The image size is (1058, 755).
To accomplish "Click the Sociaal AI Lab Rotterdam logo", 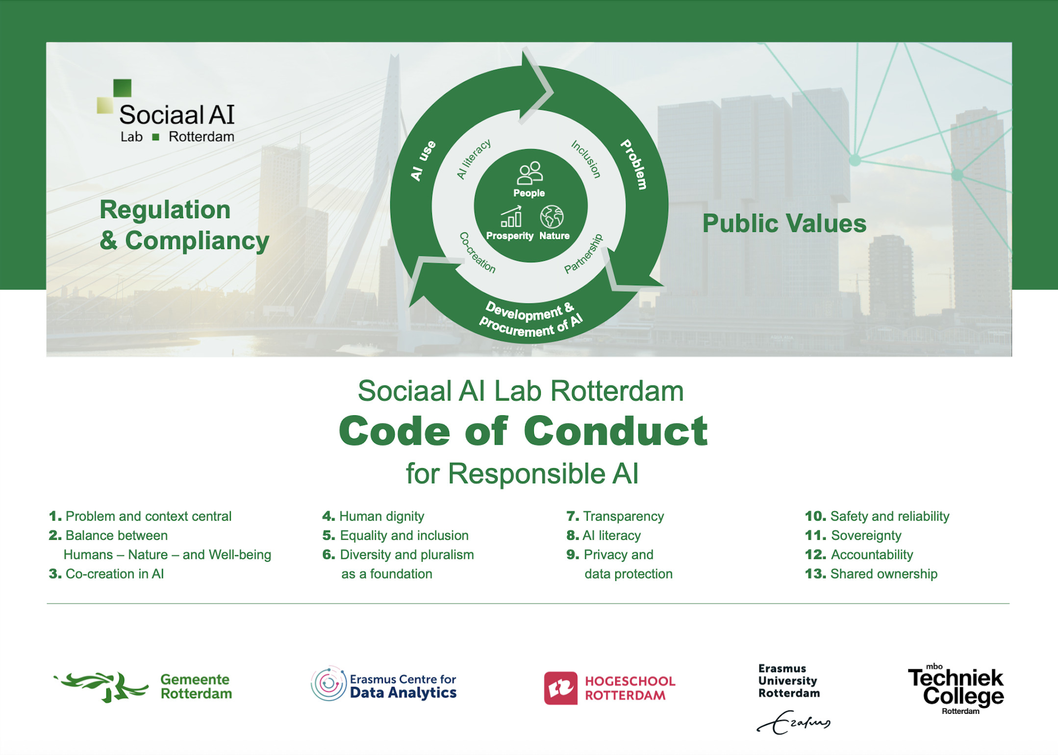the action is (166, 112).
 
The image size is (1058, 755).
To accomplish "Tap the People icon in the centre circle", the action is (529, 173).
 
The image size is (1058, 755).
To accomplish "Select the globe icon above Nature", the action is (552, 217).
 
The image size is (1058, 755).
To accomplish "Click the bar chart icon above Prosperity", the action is (511, 217).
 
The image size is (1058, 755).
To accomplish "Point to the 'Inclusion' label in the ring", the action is (586, 159).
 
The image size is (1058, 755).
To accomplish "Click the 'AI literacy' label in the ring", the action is (474, 159).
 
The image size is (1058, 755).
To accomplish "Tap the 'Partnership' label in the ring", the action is (583, 253).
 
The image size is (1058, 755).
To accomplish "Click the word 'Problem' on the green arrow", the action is (634, 164).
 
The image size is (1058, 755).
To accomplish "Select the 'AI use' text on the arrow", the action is (423, 160).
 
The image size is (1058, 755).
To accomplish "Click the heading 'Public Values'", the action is (784, 224).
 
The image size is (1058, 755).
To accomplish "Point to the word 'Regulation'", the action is (165, 210).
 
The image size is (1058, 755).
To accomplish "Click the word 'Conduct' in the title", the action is (616, 431).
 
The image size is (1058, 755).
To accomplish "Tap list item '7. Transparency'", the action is (615, 516).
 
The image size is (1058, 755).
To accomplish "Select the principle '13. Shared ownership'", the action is (871, 574).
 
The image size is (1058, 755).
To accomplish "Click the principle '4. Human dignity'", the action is (373, 516).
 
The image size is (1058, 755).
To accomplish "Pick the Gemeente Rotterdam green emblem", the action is (101, 686).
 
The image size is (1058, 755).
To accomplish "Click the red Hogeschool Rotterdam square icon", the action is (561, 688).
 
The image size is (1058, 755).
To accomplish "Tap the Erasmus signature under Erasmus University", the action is (794, 722).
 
